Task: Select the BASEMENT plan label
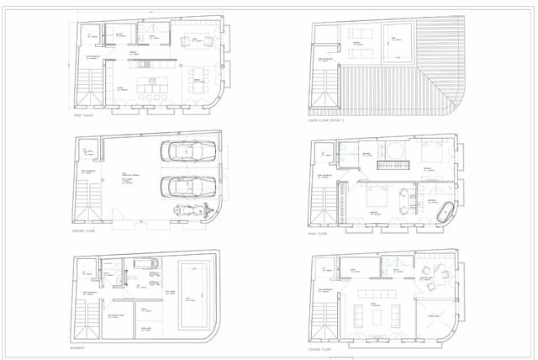click(x=81, y=347)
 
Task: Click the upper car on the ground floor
click(x=191, y=153)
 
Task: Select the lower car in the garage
click(x=191, y=186)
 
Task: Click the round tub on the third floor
click(x=393, y=152)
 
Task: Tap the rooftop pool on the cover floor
click(x=398, y=39)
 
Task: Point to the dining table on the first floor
click(x=198, y=81)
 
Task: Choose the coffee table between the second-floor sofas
click(x=378, y=315)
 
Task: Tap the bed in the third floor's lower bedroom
click(x=375, y=202)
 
